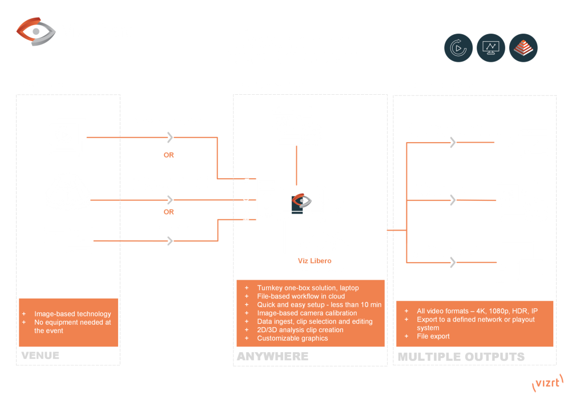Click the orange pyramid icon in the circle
pyautogui.click(x=523, y=48)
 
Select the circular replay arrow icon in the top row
pyautogui.click(x=458, y=48)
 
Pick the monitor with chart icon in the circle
pyautogui.click(x=491, y=48)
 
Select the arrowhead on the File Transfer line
pyautogui.click(x=170, y=241)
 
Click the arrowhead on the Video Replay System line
pyautogui.click(x=170, y=137)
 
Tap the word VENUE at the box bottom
pyautogui.click(x=40, y=356)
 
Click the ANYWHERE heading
pyautogui.click(x=272, y=356)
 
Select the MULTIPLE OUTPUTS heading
pyautogui.click(x=461, y=357)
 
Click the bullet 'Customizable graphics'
pyautogui.click(x=292, y=339)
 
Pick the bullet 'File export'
pyautogui.click(x=433, y=337)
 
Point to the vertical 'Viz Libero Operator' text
pyautogui.click(x=247, y=204)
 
